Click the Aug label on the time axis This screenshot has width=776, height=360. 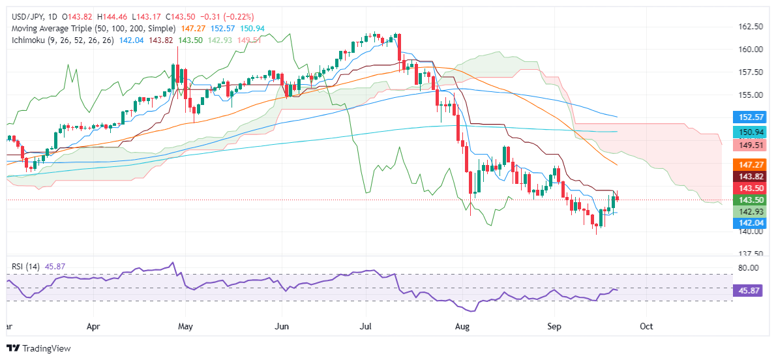[x=462, y=325]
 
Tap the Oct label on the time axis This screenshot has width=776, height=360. [x=646, y=325]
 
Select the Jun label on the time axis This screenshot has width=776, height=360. [x=282, y=325]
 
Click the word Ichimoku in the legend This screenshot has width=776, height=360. [x=26, y=40]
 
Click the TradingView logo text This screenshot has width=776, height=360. [x=46, y=348]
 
